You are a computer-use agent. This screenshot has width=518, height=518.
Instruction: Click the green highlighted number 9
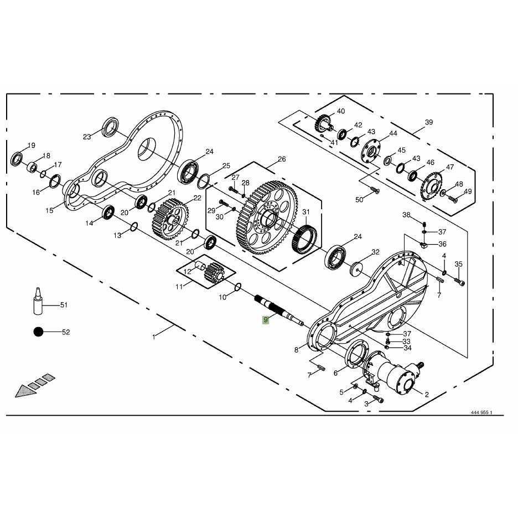pos(266,320)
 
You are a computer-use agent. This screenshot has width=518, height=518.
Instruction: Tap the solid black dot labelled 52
pos(39,331)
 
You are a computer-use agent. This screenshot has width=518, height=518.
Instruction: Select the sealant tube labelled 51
pos(38,301)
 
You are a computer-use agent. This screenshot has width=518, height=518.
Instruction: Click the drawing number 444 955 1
pos(481,412)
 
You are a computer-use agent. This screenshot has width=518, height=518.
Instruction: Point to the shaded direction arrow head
pos(26,391)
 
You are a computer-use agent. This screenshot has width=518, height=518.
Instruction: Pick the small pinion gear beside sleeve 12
pos(214,272)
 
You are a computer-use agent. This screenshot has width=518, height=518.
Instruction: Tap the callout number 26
pos(282,159)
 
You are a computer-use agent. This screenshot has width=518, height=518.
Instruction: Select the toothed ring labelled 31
pos(304,239)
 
